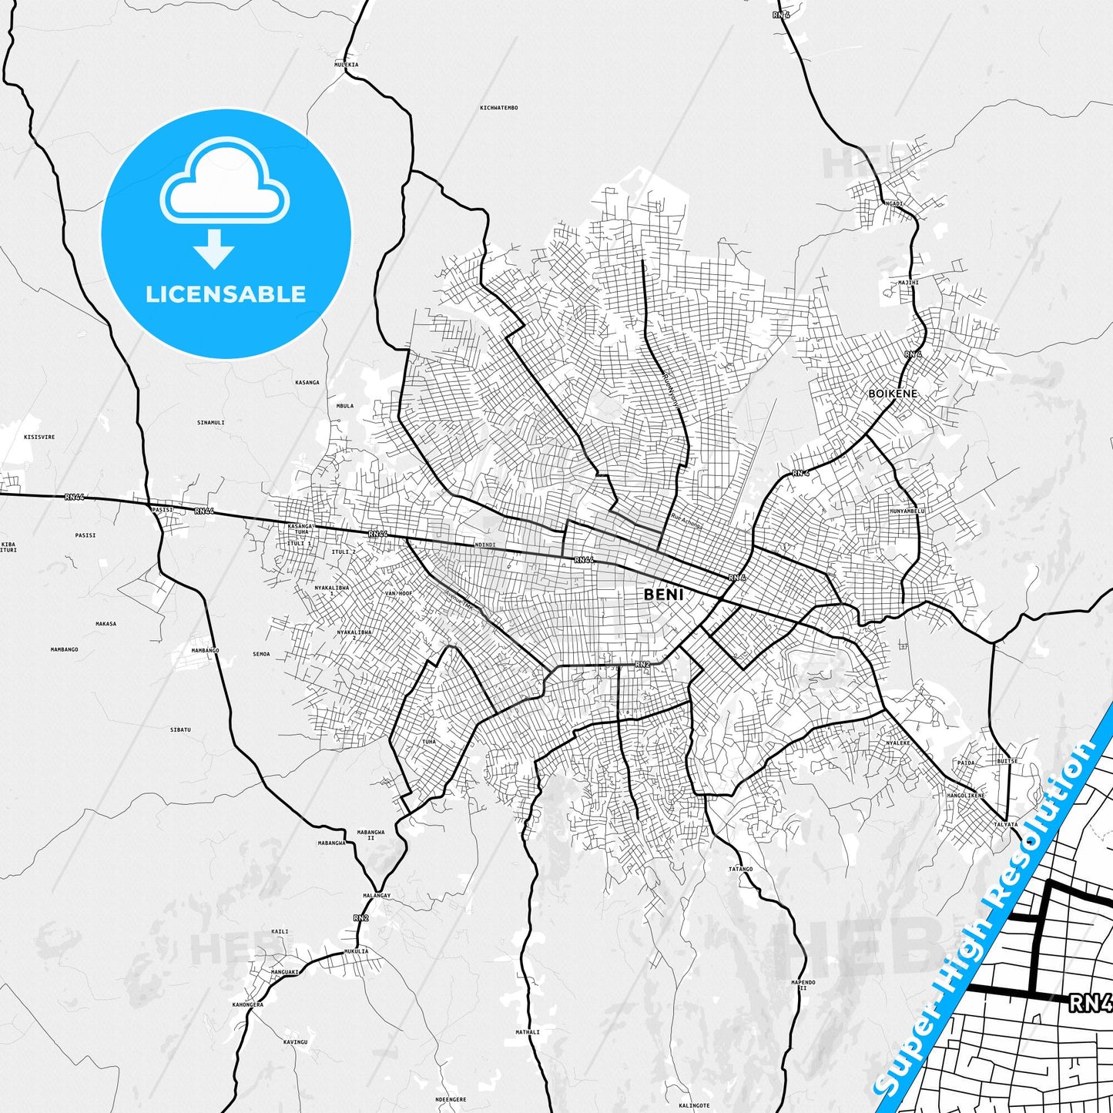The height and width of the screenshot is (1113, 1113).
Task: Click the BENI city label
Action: point(663,594)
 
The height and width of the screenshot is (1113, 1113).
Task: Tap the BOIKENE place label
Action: point(893,394)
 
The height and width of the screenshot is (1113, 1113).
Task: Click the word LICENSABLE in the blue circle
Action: point(226,294)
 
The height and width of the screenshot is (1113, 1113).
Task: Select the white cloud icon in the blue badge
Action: point(224,182)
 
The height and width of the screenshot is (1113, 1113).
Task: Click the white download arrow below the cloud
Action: point(214,248)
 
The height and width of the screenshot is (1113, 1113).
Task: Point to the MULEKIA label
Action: point(346,65)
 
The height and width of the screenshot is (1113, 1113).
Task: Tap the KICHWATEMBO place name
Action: point(498,108)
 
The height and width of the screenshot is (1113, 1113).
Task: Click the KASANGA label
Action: point(307,382)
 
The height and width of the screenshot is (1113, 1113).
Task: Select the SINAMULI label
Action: point(210,422)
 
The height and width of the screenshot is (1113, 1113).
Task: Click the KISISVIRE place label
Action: point(39,437)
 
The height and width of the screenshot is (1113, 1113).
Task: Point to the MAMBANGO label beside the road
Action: point(205,650)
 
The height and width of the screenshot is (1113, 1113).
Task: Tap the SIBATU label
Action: point(180,729)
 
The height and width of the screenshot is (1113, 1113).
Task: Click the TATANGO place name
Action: point(740,869)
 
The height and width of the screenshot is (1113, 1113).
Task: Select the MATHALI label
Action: point(528,1032)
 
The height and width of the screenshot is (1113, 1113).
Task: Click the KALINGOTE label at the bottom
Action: point(694,1105)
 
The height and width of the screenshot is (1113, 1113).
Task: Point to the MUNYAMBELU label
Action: point(907,511)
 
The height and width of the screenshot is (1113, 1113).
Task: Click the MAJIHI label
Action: point(908,283)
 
